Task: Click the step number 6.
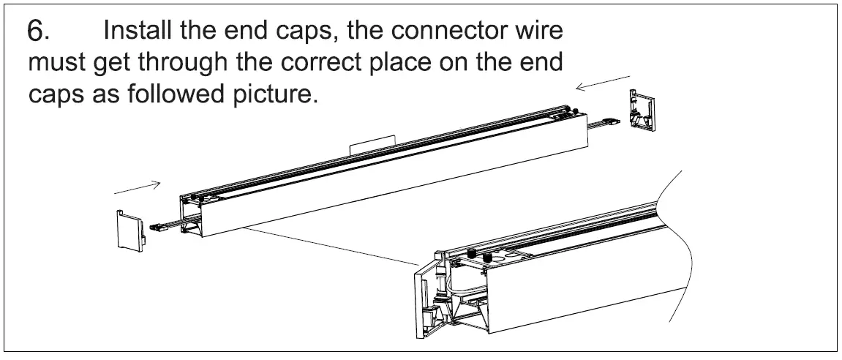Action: pyautogui.click(x=38, y=31)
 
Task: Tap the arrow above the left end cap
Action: pyautogui.click(x=138, y=187)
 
